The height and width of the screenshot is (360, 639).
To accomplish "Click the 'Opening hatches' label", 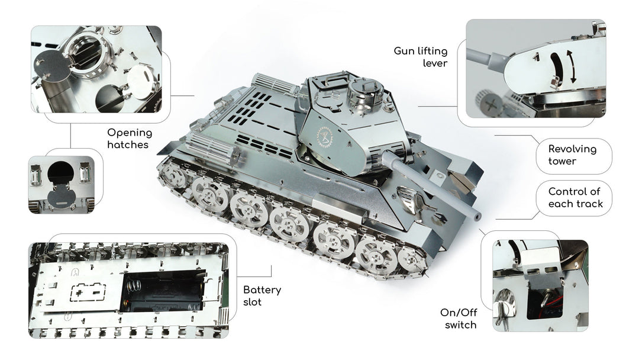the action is point(130,139).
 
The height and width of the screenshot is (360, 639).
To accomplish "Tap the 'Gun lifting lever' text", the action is point(421,57).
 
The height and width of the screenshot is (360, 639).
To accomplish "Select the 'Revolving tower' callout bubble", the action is point(574,155).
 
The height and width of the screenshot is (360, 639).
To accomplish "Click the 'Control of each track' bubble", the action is point(574,198).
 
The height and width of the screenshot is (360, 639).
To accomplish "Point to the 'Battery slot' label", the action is point(262,296).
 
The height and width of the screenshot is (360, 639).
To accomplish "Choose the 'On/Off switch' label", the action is point(459,319).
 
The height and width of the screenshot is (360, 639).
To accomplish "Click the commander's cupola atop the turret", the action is point(364,91).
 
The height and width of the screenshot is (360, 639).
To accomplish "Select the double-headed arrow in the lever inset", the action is point(572,66).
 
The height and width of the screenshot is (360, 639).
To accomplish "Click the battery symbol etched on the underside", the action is point(88,292).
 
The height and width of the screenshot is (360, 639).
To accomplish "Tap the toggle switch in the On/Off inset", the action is point(545,297).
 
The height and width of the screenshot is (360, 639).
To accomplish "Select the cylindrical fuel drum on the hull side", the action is point(213,149).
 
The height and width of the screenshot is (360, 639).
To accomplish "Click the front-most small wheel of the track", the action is point(412,260).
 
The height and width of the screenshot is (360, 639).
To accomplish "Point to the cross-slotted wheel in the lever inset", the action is point(491,103).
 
